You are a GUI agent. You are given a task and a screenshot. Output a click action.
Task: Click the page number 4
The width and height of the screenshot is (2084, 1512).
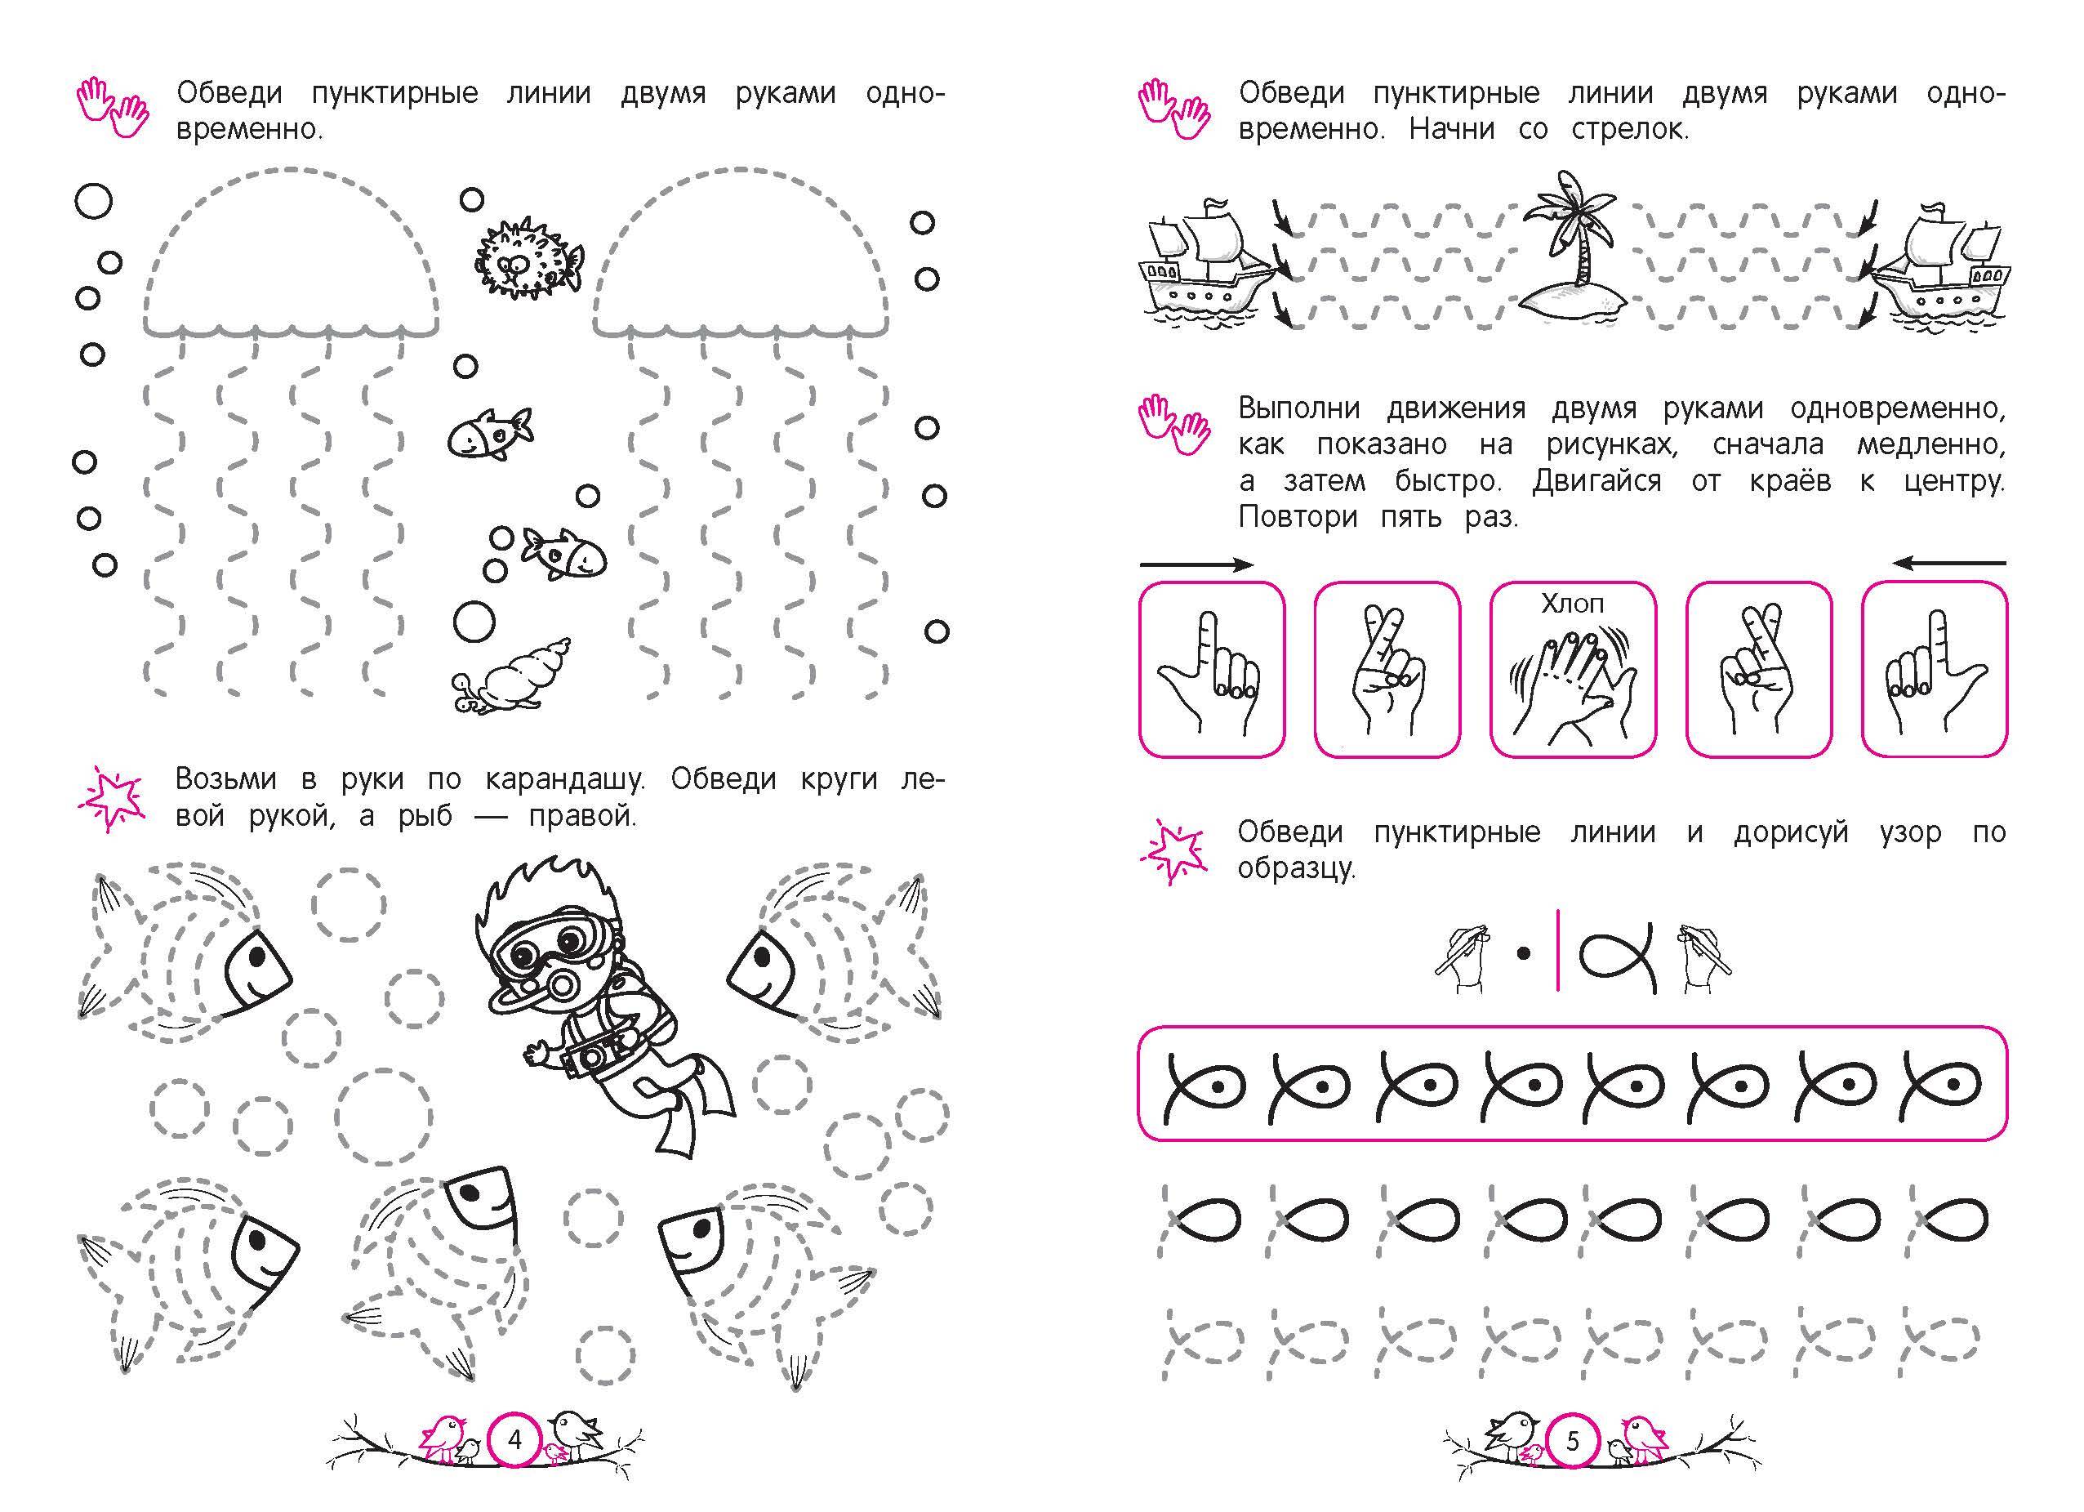click(x=514, y=1439)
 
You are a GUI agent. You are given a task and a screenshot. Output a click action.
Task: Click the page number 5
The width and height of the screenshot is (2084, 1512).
click(x=1572, y=1440)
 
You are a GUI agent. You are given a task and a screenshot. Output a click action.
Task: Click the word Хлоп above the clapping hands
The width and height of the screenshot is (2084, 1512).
click(x=1572, y=604)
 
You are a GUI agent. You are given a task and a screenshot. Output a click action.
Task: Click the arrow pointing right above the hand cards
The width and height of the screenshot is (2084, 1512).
click(x=1196, y=564)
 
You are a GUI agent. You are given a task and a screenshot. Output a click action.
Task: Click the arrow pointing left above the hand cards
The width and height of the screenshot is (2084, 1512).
click(x=1949, y=564)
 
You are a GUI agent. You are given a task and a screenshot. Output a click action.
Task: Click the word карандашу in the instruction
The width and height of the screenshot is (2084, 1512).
click(x=565, y=779)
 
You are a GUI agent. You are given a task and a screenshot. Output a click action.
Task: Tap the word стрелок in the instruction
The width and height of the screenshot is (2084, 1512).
click(x=1629, y=130)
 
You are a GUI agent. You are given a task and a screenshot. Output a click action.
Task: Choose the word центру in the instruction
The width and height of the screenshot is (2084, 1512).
click(x=1953, y=480)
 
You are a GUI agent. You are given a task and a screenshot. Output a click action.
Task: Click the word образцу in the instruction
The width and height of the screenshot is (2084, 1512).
click(x=1297, y=868)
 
